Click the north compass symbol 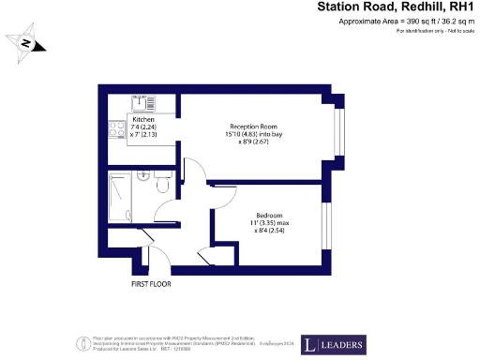tap(27, 43)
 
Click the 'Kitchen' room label tap(143, 120)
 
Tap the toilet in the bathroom tap(162, 186)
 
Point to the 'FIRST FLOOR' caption tap(151, 281)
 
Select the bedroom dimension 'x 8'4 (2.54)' tap(266, 231)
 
